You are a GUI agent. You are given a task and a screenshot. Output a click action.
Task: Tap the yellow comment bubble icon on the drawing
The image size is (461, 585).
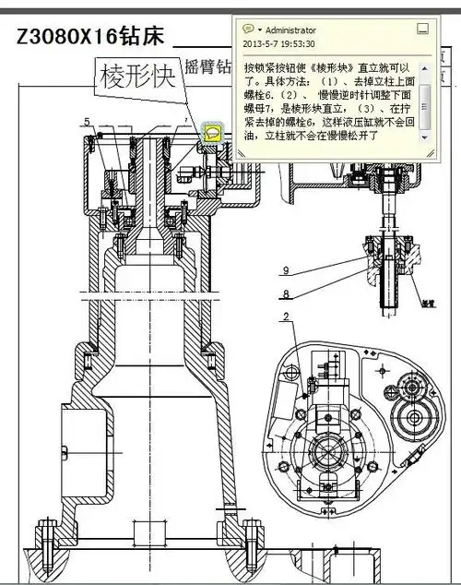tap(213, 133)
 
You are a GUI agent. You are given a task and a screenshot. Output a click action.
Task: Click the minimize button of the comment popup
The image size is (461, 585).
tap(422, 29)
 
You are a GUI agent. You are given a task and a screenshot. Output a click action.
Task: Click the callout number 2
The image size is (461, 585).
tap(287, 317)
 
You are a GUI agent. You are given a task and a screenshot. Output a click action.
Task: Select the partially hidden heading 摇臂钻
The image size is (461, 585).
tap(205, 66)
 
